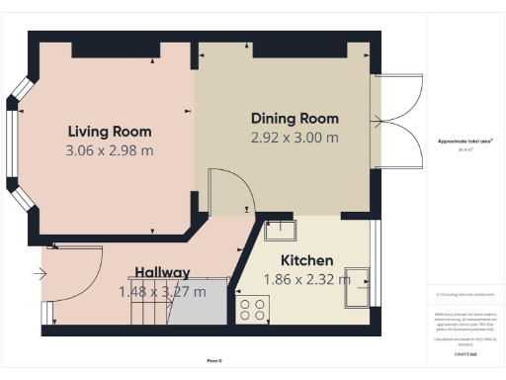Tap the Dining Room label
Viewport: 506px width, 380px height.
click(x=294, y=118)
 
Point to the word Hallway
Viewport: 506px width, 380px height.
click(x=162, y=272)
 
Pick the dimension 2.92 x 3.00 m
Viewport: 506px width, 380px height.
click(x=294, y=139)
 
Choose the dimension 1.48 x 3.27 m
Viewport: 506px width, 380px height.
click(x=162, y=292)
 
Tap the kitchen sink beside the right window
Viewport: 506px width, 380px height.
click(x=360, y=287)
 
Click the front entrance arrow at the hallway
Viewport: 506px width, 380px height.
click(x=39, y=273)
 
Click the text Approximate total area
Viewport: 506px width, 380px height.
click(x=464, y=142)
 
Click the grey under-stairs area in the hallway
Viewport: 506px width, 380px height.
click(x=198, y=309)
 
